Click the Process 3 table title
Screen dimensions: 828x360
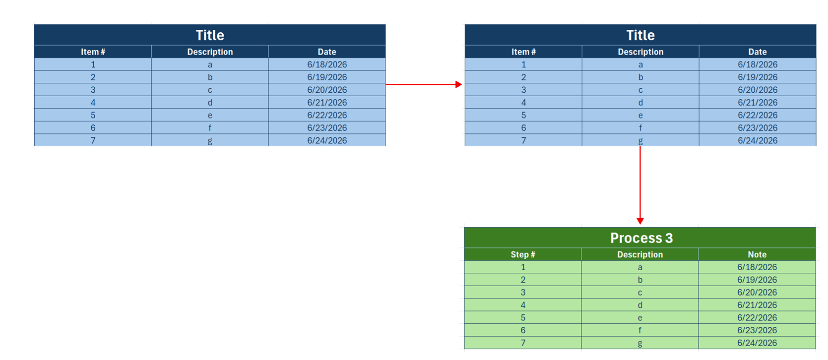click(x=641, y=238)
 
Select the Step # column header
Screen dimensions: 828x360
click(x=523, y=254)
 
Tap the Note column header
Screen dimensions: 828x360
click(x=757, y=254)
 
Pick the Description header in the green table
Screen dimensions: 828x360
click(x=640, y=254)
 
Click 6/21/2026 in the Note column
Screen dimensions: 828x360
click(x=757, y=305)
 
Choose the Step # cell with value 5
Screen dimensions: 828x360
click(x=523, y=317)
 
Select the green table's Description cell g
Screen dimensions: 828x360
click(x=640, y=343)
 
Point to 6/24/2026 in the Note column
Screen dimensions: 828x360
click(x=757, y=343)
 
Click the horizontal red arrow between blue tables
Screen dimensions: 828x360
click(x=424, y=84)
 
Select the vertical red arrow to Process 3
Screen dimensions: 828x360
click(x=640, y=185)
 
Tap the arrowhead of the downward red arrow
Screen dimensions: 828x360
click(x=640, y=221)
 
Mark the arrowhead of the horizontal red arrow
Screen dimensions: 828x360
click(x=459, y=84)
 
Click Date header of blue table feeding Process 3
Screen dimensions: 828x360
click(x=758, y=52)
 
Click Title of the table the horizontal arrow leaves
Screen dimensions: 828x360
click(x=210, y=35)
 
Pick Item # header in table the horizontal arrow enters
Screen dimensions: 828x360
click(x=523, y=52)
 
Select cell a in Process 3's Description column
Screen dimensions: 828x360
click(x=640, y=267)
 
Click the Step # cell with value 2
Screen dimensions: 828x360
click(x=523, y=280)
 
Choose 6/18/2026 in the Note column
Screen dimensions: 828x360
click(x=757, y=267)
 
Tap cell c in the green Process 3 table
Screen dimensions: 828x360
click(x=640, y=293)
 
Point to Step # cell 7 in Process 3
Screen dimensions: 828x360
click(x=523, y=343)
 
